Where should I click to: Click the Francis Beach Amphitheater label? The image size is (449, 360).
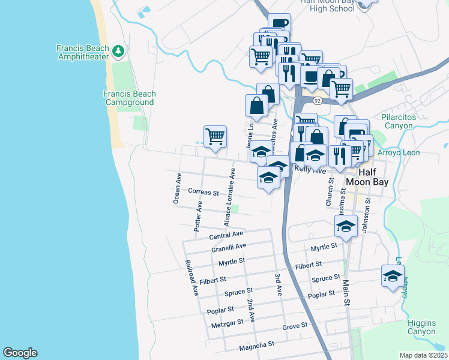82,52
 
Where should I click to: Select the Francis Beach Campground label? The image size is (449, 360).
129,98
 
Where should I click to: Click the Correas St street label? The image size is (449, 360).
203,192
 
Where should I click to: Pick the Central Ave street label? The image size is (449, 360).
226,234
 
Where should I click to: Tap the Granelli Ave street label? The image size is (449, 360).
229,246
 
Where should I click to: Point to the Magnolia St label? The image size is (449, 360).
256,345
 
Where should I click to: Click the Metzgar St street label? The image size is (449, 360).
228,322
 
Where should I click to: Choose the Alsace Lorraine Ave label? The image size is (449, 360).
230,197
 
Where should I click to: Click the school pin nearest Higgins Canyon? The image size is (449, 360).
393,277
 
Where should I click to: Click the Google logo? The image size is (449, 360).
20,353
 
